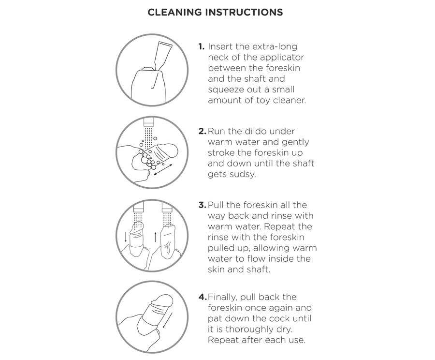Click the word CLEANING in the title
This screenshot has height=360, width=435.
175,12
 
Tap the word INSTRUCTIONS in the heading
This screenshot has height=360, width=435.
244,12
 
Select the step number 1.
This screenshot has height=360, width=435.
201,46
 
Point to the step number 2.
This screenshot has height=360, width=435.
202,131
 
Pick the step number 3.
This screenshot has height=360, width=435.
202,205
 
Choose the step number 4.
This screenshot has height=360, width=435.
203,297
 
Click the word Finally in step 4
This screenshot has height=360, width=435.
222,297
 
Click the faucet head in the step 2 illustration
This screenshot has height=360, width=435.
149,121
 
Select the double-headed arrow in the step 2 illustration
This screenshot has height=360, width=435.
163,170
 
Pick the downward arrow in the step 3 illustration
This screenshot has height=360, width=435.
126,237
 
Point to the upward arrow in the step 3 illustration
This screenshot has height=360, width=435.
155,237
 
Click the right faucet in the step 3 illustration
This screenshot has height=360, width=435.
167,207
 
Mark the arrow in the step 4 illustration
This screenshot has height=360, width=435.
168,320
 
